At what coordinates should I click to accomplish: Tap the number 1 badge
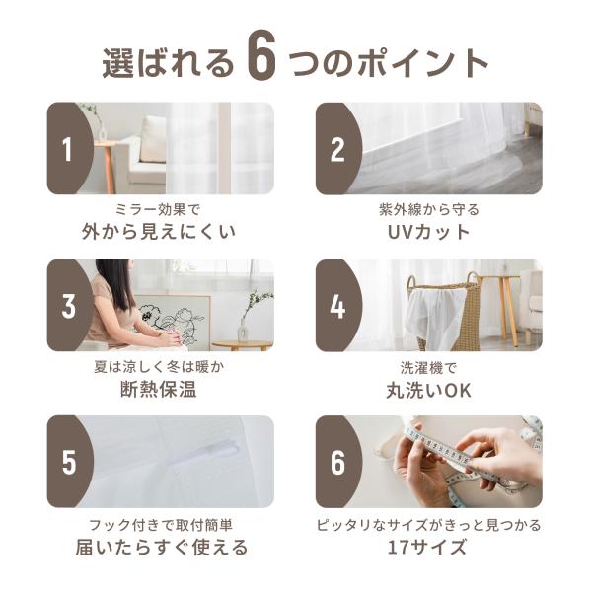coord(67,149)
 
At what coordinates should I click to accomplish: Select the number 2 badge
coord(337,149)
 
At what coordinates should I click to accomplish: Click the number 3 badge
coord(68,306)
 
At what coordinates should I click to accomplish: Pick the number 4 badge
coord(337,306)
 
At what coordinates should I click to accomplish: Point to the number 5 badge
coord(68,462)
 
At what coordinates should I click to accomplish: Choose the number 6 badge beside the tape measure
coord(337,462)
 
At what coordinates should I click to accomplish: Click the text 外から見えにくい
coord(159,232)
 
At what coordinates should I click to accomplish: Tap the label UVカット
coord(429,232)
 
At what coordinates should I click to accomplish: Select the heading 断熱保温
coord(159,389)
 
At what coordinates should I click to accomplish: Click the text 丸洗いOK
coord(429,390)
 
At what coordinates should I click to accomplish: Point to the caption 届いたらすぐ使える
coord(161,547)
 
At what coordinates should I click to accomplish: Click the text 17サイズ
coord(427,547)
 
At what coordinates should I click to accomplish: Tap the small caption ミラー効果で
coord(158,209)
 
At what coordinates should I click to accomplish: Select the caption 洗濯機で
coord(428,367)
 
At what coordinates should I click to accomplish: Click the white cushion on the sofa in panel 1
coord(153,139)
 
